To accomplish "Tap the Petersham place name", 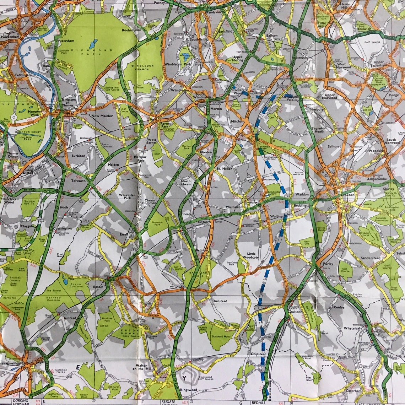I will (x=66, y=41).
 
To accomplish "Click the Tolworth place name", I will (x=79, y=181).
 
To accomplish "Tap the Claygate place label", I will (x=27, y=226).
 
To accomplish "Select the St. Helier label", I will (x=224, y=168).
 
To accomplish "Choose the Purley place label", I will (x=328, y=264).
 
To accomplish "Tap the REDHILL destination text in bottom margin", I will (x=259, y=403).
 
